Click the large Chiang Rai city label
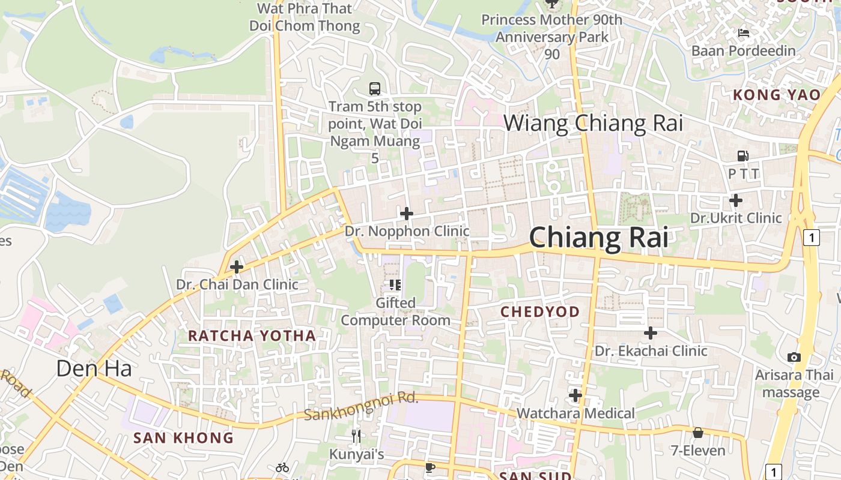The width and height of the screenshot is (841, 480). click(x=598, y=237)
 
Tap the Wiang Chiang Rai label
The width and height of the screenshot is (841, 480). click(x=593, y=123)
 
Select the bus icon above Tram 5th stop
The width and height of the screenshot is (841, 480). click(x=375, y=89)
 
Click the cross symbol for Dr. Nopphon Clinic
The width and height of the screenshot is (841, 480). click(x=407, y=213)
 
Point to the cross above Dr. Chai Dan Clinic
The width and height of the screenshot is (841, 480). click(x=237, y=266)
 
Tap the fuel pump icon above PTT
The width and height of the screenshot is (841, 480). click(x=743, y=156)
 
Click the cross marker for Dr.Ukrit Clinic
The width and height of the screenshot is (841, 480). click(x=735, y=200)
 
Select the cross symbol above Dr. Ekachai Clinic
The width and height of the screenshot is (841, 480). click(x=651, y=332)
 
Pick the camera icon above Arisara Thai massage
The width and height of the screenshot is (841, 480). click(x=794, y=357)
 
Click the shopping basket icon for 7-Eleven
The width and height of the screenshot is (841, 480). click(x=697, y=433)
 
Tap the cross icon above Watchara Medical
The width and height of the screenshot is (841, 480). click(x=575, y=395)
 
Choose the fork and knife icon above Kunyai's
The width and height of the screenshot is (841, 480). click(x=356, y=436)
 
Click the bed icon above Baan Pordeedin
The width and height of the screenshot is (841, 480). click(x=743, y=33)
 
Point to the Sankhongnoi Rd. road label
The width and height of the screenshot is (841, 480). click(x=360, y=406)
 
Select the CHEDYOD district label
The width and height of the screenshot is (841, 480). click(x=540, y=311)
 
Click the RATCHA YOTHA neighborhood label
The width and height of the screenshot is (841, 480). click(x=252, y=335)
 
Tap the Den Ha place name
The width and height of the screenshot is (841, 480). click(x=94, y=368)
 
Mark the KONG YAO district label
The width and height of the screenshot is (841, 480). click(x=777, y=95)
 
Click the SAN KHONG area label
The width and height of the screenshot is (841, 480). click(x=183, y=437)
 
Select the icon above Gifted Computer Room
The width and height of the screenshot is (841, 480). click(x=395, y=284)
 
